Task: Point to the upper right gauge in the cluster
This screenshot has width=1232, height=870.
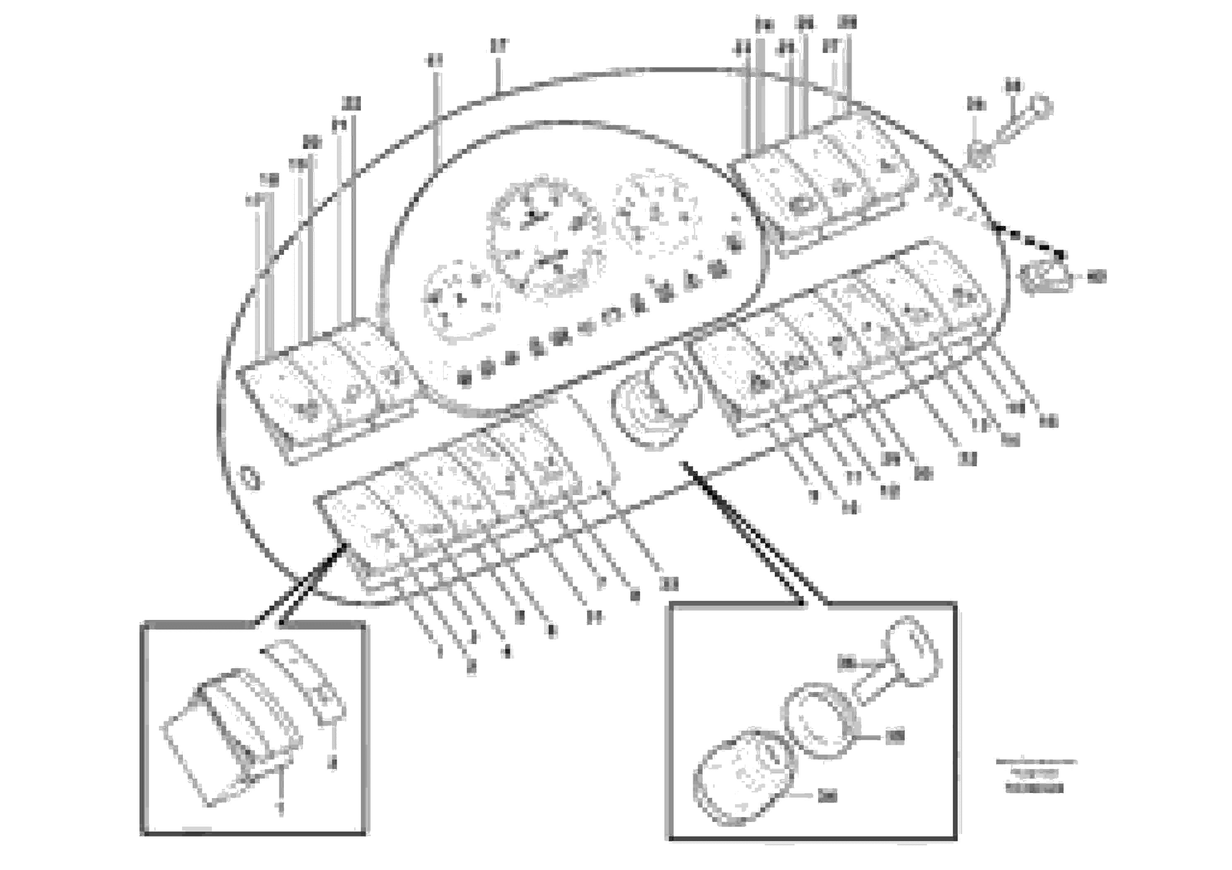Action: pyautogui.click(x=657, y=212)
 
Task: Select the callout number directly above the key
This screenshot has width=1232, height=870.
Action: pyautogui.click(x=1013, y=86)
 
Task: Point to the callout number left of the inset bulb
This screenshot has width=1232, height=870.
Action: pyautogui.click(x=847, y=664)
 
